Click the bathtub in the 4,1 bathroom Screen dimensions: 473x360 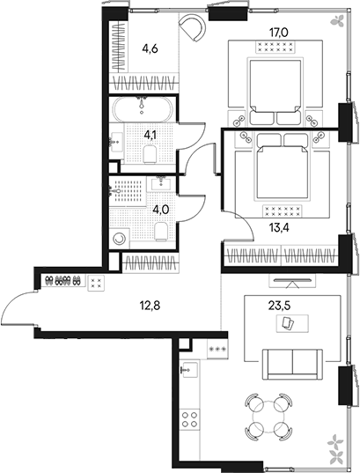click(x=143, y=113)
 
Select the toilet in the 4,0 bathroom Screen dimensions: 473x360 click(x=160, y=231)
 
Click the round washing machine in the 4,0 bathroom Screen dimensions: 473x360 click(x=121, y=239)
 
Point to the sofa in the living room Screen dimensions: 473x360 click(x=291, y=362)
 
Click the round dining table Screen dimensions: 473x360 click(x=265, y=418)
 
